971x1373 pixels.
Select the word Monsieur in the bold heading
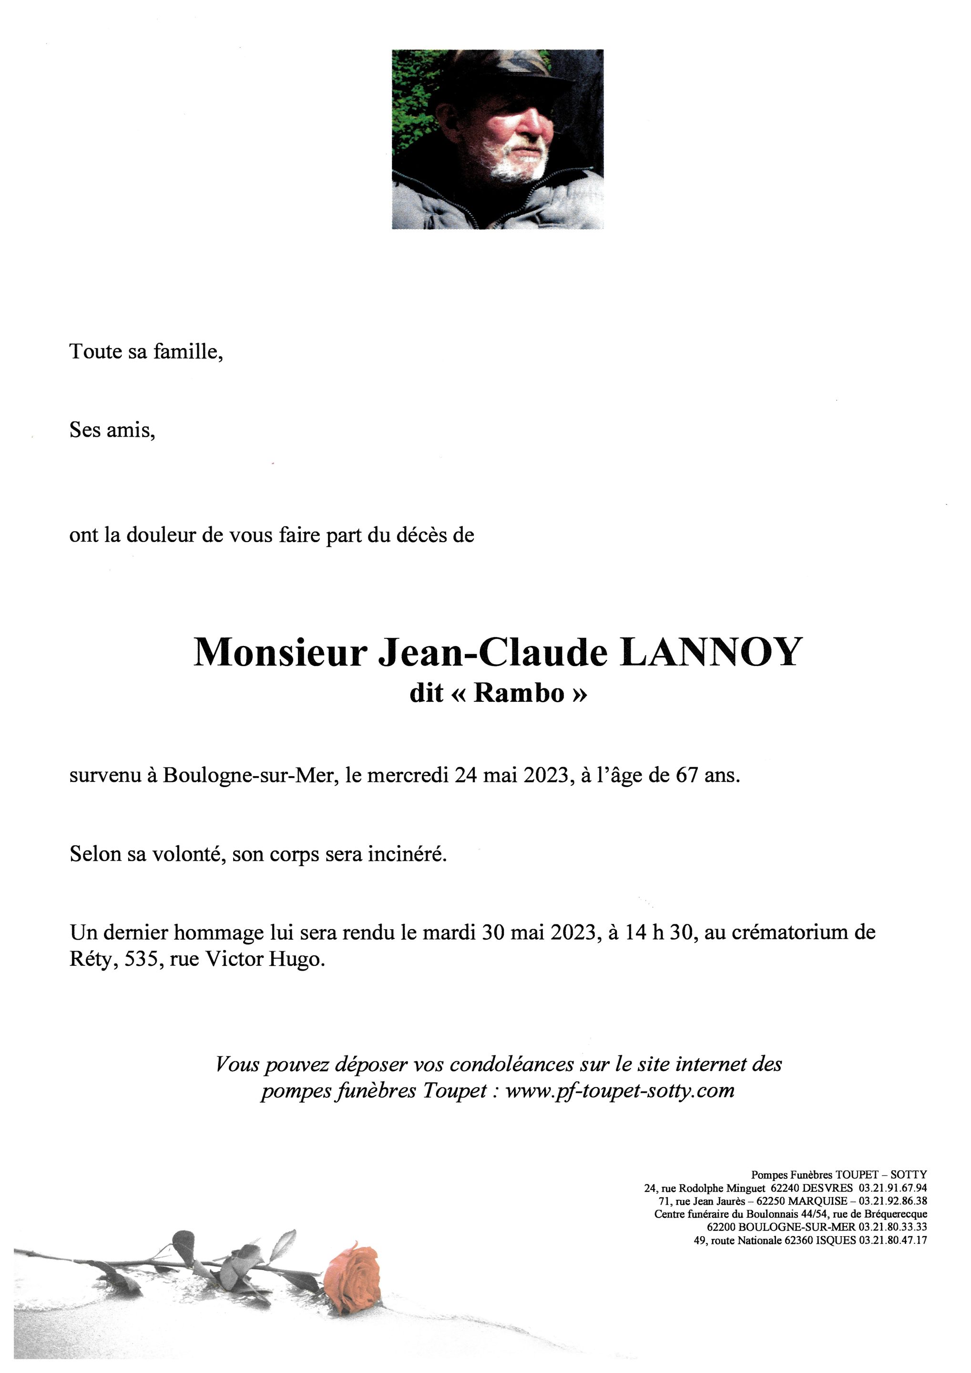click(279, 653)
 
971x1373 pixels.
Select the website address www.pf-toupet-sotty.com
click(620, 1090)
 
